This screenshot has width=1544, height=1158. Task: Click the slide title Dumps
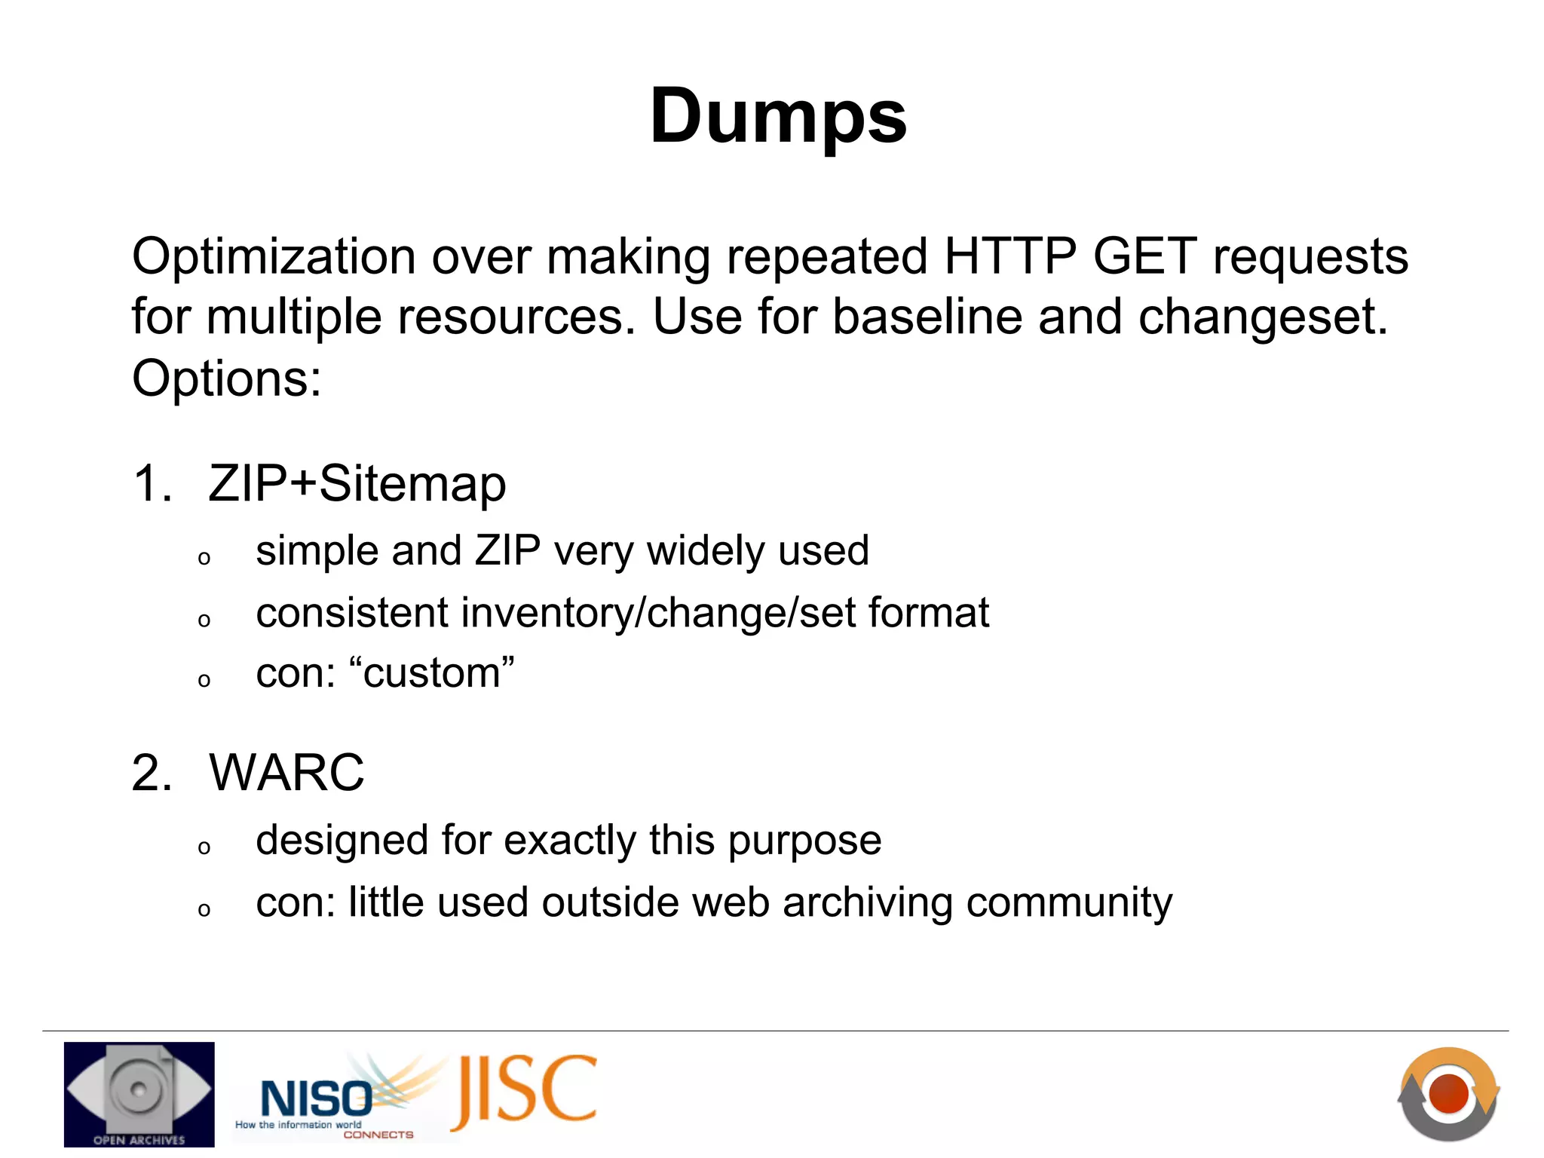778,117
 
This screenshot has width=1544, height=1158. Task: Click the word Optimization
273,257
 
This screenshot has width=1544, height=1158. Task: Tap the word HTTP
1009,257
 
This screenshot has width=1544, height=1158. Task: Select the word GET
1144,257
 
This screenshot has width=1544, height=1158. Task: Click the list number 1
151,484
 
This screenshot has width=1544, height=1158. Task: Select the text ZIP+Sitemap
357,484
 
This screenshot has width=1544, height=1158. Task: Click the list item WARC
286,774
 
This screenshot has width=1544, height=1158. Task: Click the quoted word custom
432,673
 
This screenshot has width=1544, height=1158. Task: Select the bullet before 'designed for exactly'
204,848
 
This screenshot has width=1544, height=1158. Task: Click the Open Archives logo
139,1094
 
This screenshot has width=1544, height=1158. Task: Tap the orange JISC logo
525,1091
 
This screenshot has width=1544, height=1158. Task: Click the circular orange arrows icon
1448,1093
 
